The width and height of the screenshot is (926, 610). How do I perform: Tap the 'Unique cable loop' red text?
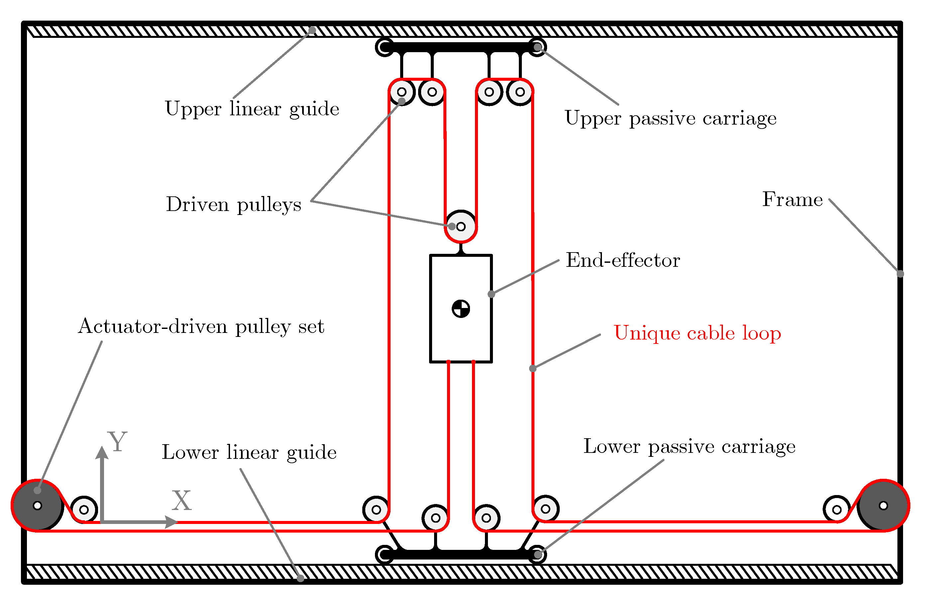pyautogui.click(x=697, y=333)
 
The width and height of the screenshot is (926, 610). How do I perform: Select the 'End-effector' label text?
pyautogui.click(x=623, y=260)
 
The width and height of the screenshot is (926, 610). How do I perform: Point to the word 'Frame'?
pyautogui.click(x=792, y=200)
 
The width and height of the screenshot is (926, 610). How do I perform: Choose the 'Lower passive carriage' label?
pyautogui.click(x=689, y=447)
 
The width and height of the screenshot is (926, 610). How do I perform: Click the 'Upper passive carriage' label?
pyautogui.click(x=670, y=118)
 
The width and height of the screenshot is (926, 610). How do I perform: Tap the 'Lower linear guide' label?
pyautogui.click(x=249, y=453)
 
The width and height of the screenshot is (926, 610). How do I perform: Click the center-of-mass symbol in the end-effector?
pyautogui.click(x=461, y=309)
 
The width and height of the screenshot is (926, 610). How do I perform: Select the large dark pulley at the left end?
pyautogui.click(x=37, y=506)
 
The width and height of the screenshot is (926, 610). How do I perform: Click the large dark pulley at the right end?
pyautogui.click(x=883, y=506)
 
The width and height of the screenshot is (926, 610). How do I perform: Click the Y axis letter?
pyautogui.click(x=118, y=442)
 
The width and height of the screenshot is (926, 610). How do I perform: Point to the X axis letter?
pyautogui.click(x=182, y=501)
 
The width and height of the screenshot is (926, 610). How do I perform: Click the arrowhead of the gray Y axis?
pyautogui.click(x=102, y=453)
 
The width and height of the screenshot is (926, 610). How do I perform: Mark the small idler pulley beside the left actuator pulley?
pyautogui.click(x=84, y=510)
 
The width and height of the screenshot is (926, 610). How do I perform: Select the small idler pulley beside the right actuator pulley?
pyautogui.click(x=837, y=509)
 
